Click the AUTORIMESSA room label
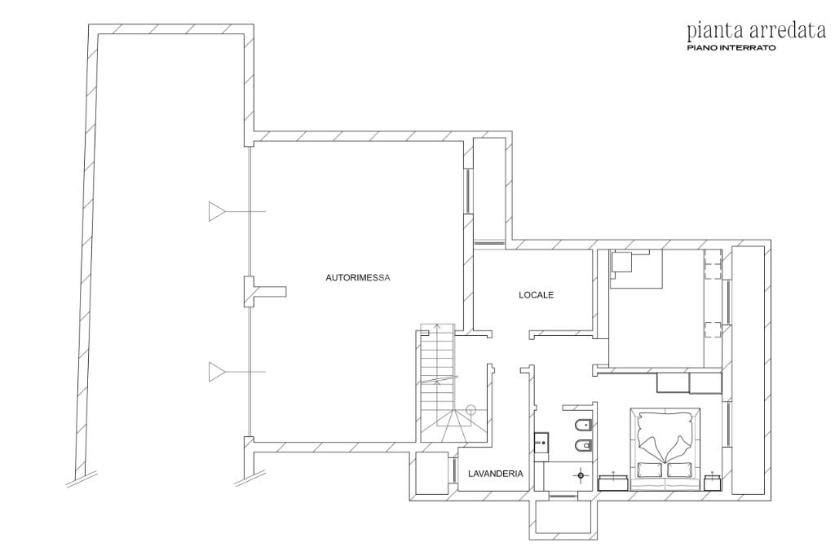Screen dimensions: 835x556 [358, 277]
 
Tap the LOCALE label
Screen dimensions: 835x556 [537, 294]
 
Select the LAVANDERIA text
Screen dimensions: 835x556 [495, 473]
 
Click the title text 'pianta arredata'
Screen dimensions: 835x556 [756, 31]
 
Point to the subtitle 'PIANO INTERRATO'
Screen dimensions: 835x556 [731, 48]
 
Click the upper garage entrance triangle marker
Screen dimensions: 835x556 [216, 211]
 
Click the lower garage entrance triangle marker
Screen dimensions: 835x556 [216, 372]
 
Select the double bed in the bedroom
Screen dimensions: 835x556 [665, 449]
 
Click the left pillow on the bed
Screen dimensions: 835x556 [649, 470]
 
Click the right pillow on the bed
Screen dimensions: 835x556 [678, 470]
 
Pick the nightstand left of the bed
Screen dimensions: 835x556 [615, 483]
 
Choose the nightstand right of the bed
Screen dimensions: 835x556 [713, 483]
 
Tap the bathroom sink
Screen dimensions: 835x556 [541, 442]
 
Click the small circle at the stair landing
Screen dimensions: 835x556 [471, 409]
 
